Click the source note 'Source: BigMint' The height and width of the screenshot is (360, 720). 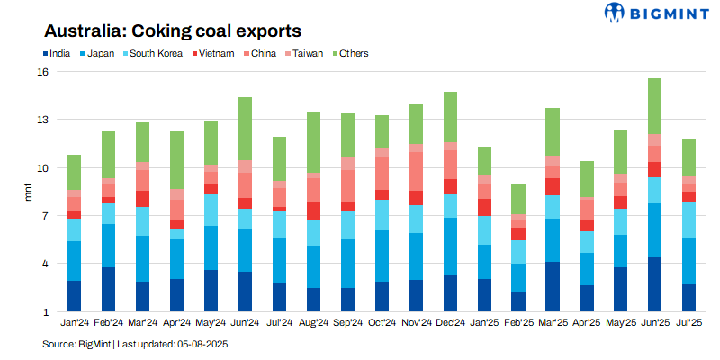(76, 345)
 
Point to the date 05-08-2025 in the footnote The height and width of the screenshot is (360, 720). (203, 345)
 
